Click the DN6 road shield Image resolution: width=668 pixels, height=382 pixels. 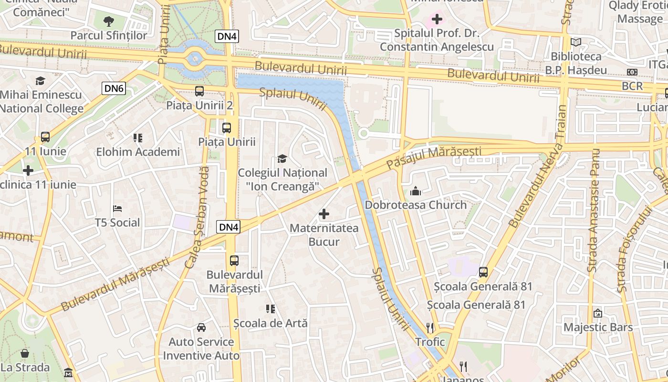114,88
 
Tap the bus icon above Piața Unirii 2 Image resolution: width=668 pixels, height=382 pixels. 199,91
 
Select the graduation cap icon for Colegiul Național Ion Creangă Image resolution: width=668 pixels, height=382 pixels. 282,159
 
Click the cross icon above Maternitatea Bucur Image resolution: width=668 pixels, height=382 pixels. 324,214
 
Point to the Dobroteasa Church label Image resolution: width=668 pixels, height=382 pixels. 416,205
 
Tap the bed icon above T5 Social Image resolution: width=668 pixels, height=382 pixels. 117,209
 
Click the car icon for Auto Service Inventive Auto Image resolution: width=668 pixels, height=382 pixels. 201,328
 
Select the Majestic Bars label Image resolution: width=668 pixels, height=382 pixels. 598,327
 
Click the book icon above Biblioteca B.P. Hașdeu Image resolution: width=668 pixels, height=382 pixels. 576,42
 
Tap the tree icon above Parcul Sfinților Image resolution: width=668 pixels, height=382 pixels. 109,21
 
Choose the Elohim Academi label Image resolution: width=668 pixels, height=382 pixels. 138,152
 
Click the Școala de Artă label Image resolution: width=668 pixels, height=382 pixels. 271,323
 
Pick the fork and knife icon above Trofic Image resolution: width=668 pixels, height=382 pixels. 430,328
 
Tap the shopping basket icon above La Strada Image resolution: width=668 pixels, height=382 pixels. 25,353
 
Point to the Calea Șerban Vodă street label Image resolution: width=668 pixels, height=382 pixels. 201,217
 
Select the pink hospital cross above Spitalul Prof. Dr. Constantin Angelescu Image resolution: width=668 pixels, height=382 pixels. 437,20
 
